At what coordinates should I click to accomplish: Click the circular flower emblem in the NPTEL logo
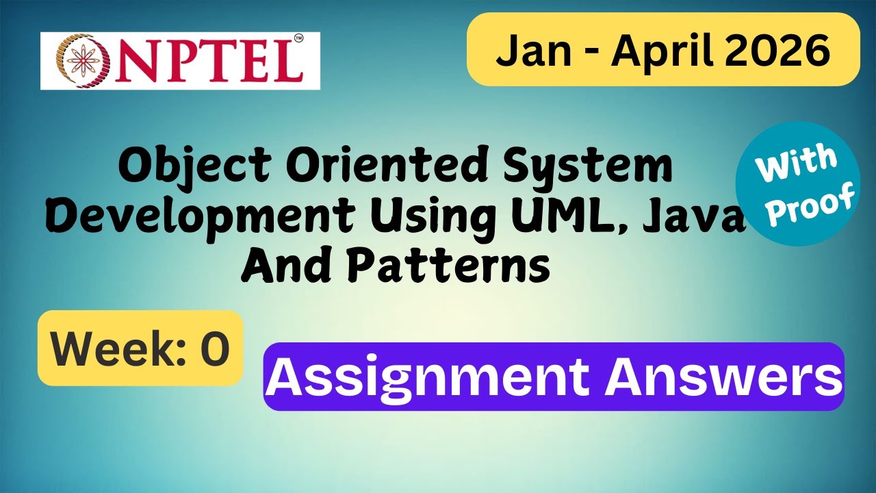tap(74, 60)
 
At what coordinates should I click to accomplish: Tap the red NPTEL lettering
tap(198, 61)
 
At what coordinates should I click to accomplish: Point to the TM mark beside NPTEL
tap(298, 39)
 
